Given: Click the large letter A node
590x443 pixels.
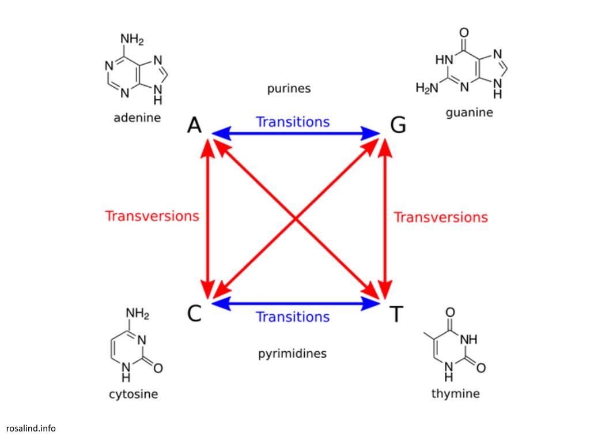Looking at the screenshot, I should [x=195, y=125].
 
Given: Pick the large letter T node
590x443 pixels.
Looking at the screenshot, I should [x=396, y=314].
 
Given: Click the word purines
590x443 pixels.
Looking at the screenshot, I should [x=289, y=88].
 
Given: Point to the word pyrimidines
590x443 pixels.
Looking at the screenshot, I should [x=292, y=353].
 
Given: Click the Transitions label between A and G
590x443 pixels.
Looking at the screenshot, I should [x=293, y=122].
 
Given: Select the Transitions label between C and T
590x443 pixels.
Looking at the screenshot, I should [x=293, y=317].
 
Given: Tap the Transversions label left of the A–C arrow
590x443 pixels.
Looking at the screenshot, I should [x=152, y=216].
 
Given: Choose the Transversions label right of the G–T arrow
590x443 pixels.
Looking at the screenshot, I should [x=441, y=217].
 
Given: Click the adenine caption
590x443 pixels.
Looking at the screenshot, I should [x=137, y=118].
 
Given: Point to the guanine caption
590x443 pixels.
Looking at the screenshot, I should [x=470, y=112].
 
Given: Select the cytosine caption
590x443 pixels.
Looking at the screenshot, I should [x=133, y=395].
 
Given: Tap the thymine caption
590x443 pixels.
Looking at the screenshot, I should [x=455, y=394].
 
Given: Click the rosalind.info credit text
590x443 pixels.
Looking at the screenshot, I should [x=31, y=428].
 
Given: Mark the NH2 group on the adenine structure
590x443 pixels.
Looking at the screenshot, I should [x=132, y=40].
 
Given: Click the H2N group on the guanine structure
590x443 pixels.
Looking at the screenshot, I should [x=427, y=88].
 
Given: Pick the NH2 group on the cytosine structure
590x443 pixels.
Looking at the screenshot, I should [x=138, y=314].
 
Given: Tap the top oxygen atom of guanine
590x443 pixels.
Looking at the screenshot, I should [x=464, y=32].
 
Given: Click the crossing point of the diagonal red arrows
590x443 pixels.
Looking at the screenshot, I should [x=296, y=219].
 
